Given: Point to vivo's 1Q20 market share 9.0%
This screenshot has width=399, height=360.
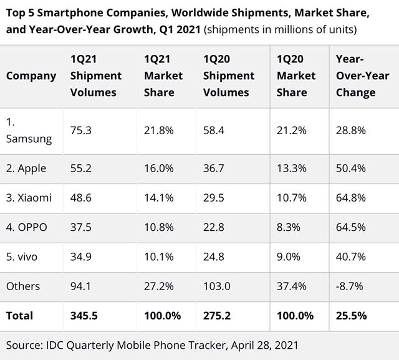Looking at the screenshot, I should [289, 257].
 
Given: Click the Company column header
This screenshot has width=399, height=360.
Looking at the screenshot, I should [31, 75].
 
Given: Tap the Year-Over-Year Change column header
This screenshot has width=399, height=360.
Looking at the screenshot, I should [355, 75].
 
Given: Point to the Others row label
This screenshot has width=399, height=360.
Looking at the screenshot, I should [23, 286].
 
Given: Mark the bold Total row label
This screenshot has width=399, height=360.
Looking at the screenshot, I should [19, 316].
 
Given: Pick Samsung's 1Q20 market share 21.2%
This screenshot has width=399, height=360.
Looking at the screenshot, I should [291, 130].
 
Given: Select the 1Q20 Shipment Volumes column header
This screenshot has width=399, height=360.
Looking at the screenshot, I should [229, 75].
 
